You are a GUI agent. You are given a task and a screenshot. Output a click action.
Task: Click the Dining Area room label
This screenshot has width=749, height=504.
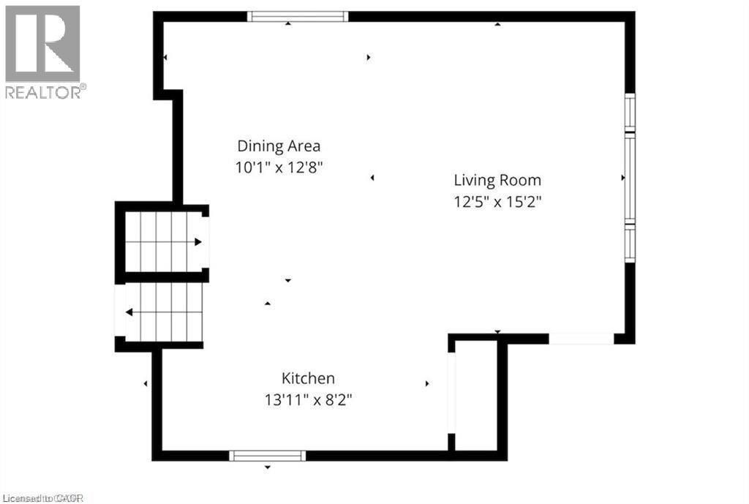279,146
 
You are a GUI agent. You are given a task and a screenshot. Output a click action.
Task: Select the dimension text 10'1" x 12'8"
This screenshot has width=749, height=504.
279,166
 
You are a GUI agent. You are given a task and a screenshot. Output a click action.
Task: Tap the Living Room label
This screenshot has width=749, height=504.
497,180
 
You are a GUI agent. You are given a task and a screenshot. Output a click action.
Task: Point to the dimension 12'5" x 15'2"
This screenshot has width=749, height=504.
497,201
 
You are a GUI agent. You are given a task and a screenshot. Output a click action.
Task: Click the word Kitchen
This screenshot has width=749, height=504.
308,378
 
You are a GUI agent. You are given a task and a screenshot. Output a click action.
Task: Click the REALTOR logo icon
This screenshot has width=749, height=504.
42,43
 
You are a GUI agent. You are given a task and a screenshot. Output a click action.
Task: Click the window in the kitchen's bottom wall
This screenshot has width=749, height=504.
267,456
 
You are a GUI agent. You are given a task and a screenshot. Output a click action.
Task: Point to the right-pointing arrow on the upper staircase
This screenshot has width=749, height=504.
197,242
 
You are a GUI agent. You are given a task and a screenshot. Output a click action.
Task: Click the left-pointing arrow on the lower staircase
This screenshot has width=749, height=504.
129,312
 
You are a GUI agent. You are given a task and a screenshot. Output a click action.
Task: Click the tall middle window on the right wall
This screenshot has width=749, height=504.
630,177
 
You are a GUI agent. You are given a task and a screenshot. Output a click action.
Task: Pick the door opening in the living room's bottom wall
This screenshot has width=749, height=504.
581,339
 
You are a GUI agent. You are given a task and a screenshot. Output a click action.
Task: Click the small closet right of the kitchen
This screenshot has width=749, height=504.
476,395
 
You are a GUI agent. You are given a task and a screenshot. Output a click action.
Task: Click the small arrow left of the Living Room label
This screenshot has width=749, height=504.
372,178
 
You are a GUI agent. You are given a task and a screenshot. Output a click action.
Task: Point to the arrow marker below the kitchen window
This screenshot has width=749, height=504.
268,467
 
